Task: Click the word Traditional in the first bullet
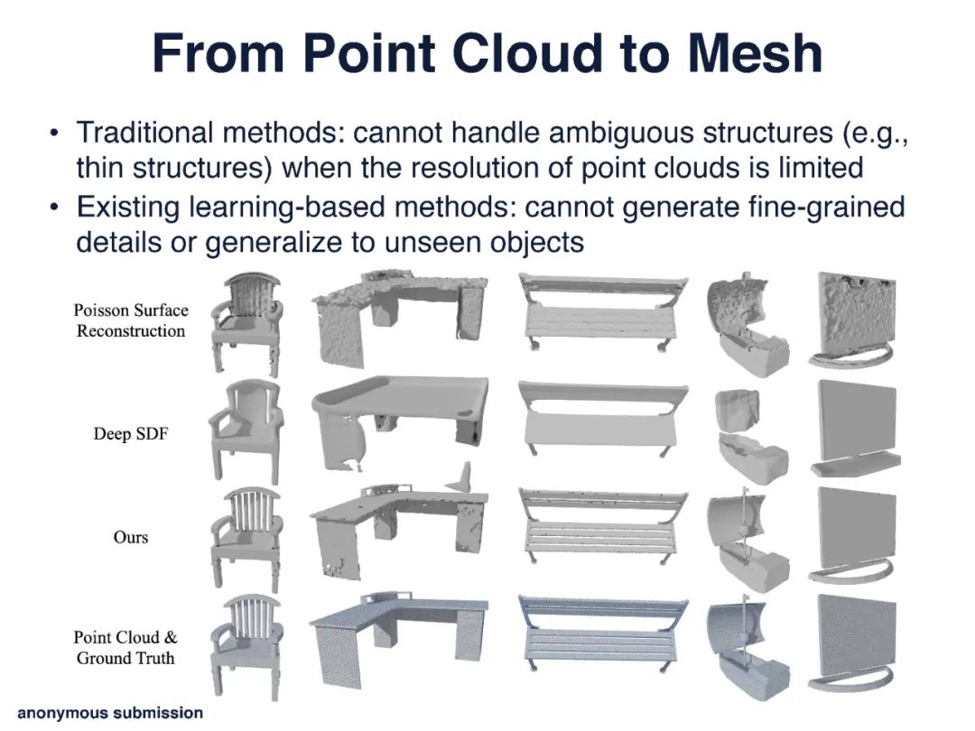click(x=144, y=133)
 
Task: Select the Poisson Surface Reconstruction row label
click(x=131, y=320)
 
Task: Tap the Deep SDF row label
click(x=131, y=434)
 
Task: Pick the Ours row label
click(x=131, y=537)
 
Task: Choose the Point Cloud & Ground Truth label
click(x=125, y=647)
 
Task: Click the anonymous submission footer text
click(x=110, y=713)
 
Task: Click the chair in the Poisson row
click(x=246, y=324)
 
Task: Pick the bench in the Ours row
click(x=603, y=523)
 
